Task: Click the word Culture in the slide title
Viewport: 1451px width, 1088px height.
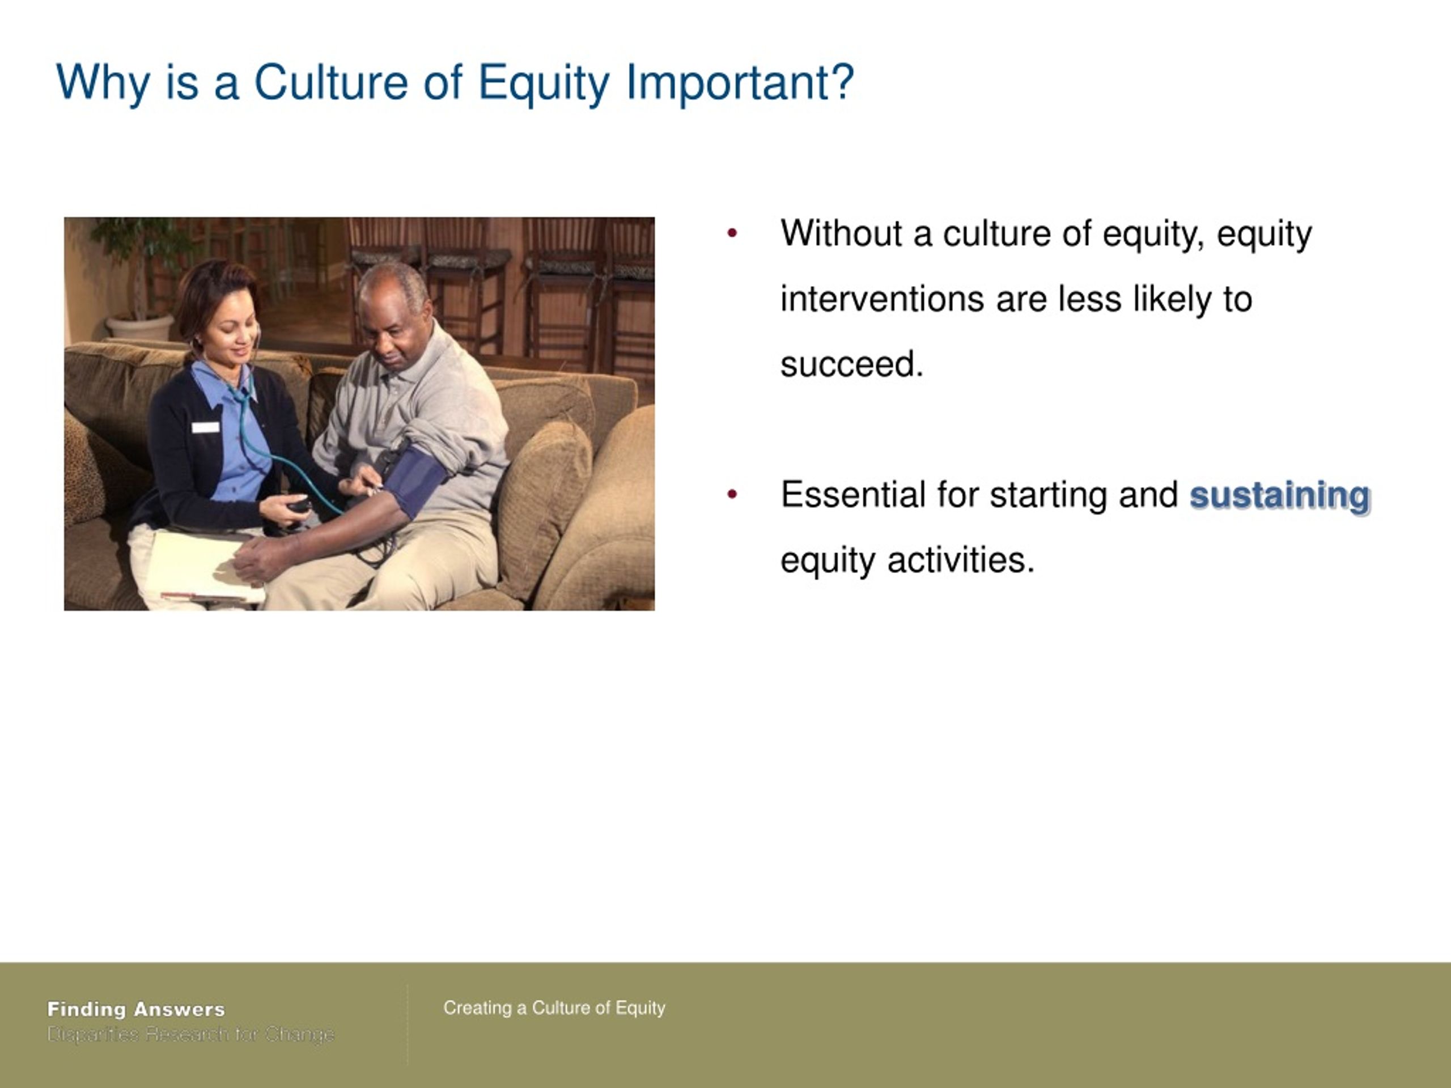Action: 330,82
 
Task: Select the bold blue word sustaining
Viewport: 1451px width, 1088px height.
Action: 1280,495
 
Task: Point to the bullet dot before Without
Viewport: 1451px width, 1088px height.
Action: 733,233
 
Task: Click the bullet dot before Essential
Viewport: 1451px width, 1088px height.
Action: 733,495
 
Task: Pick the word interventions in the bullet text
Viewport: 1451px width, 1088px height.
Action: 881,299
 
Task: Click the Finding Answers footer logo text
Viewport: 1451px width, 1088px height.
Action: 137,1009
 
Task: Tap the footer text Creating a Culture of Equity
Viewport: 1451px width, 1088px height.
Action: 554,1008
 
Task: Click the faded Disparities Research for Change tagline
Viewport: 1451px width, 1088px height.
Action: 191,1034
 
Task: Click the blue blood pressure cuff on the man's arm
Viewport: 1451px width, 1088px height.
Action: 414,479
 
